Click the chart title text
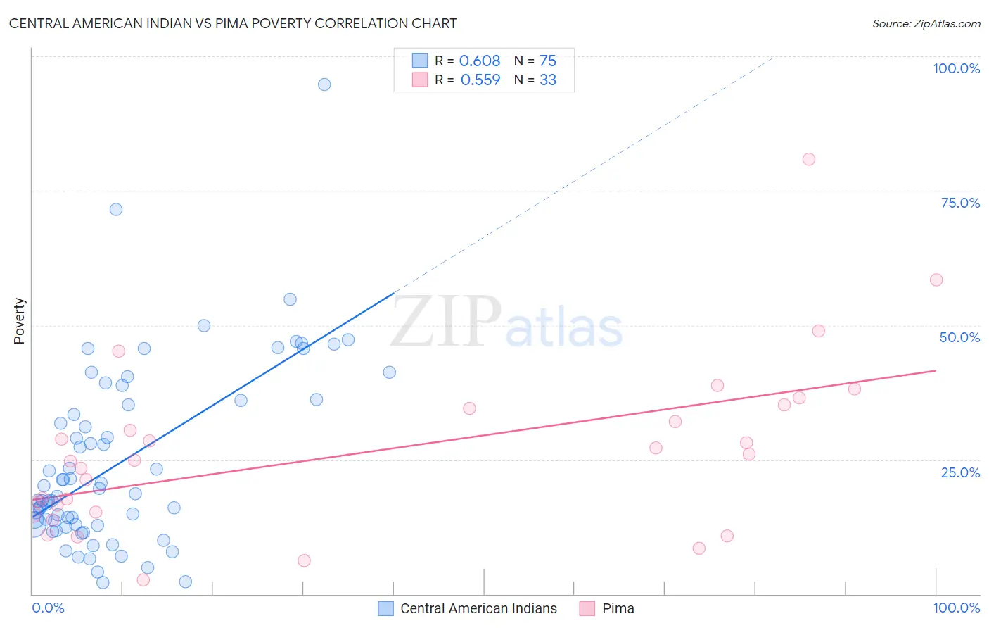tap(233, 23)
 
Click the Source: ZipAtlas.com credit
tap(926, 23)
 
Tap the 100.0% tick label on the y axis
tap(956, 68)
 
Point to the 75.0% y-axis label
tap(960, 203)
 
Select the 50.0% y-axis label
tap(959, 337)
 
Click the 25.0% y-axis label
tap(960, 472)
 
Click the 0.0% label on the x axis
tap(48, 608)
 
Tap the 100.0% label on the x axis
tap(956, 608)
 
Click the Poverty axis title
tap(19, 321)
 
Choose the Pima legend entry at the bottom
tap(618, 608)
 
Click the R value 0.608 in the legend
tap(480, 61)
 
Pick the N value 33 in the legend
tap(548, 80)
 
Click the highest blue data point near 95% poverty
tap(324, 84)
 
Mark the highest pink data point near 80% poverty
tap(809, 159)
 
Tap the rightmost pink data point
tap(936, 280)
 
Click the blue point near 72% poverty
tap(116, 209)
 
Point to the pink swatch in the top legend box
tap(420, 80)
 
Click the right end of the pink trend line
tap(936, 370)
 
